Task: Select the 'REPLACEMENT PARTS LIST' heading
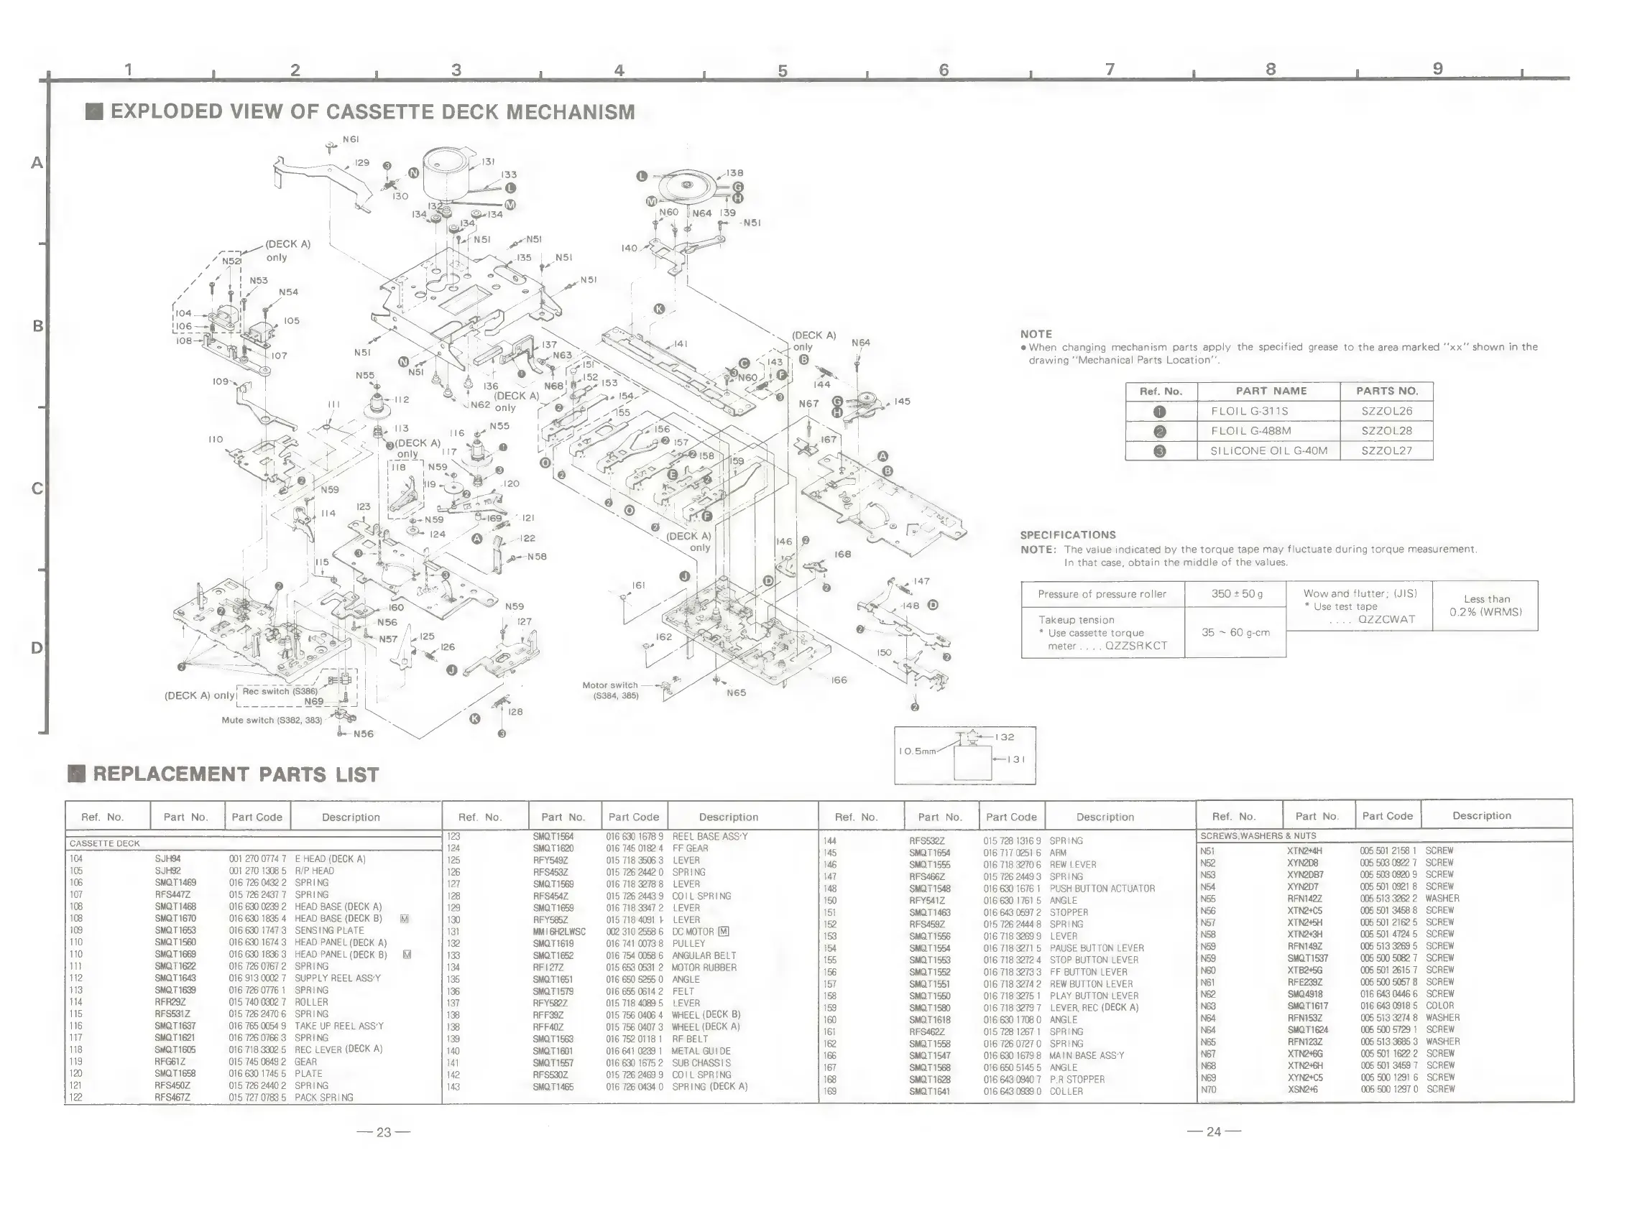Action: pyautogui.click(x=235, y=774)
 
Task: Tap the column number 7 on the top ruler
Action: pyautogui.click(x=1110, y=69)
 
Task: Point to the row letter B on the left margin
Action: pyautogui.click(x=37, y=325)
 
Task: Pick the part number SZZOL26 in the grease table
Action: pyautogui.click(x=1386, y=411)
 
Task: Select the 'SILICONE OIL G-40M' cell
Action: pyautogui.click(x=1268, y=450)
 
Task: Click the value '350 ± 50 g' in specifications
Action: pyautogui.click(x=1236, y=594)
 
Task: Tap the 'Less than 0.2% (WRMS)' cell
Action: pyautogui.click(x=1486, y=606)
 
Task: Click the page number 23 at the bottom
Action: pyautogui.click(x=384, y=1132)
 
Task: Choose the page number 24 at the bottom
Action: pyautogui.click(x=1214, y=1132)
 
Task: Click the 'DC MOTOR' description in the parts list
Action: pyautogui.click(x=693, y=932)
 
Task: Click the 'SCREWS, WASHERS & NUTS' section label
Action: pyautogui.click(x=1258, y=836)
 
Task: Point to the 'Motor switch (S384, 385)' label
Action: pyautogui.click(x=610, y=690)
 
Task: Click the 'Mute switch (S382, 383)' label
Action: pyautogui.click(x=271, y=720)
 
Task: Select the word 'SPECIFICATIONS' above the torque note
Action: pyautogui.click(x=1067, y=535)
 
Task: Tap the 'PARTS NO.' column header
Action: pyautogui.click(x=1386, y=391)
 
